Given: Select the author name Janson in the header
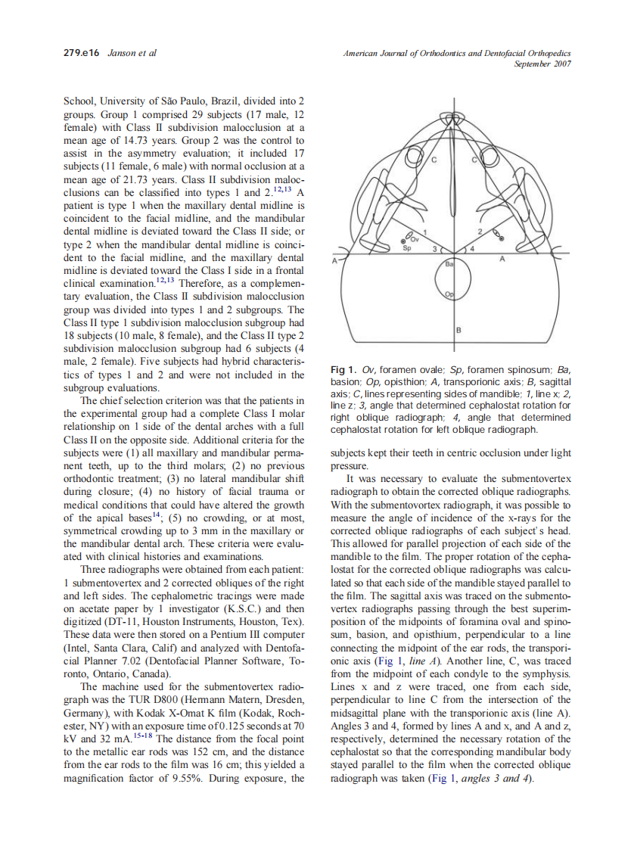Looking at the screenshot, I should point(123,53).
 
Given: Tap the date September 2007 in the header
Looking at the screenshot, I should point(542,64).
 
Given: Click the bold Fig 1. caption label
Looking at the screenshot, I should point(343,370).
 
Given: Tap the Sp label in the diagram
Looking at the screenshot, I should point(406,247).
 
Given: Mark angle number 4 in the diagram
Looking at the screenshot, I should point(472,248).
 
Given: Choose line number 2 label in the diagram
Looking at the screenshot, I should point(480,230).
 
